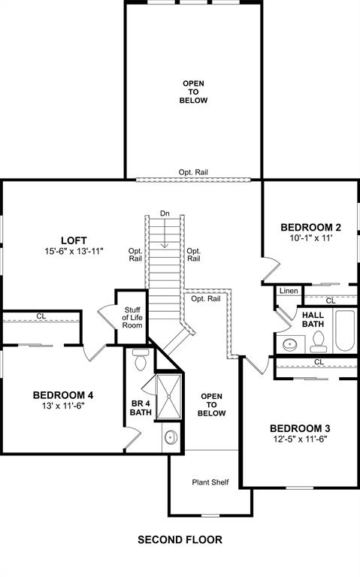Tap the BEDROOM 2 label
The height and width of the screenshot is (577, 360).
point(311,227)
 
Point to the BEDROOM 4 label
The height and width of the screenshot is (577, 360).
point(63,394)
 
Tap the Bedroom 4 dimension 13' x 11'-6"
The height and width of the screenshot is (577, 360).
point(64,407)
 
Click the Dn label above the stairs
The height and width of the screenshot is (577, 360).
point(165,213)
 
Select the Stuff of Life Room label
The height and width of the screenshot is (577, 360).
point(132,318)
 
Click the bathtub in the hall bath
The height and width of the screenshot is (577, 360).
point(345,331)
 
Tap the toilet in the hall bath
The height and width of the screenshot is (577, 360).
point(319,342)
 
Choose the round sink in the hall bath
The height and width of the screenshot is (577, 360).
point(291,345)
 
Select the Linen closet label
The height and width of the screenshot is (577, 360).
point(289,290)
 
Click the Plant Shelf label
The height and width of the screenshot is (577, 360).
point(210,482)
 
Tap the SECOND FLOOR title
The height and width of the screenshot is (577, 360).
point(180,539)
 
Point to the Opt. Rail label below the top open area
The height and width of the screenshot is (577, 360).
point(193,172)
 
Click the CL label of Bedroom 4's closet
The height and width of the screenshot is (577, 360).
point(41,316)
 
